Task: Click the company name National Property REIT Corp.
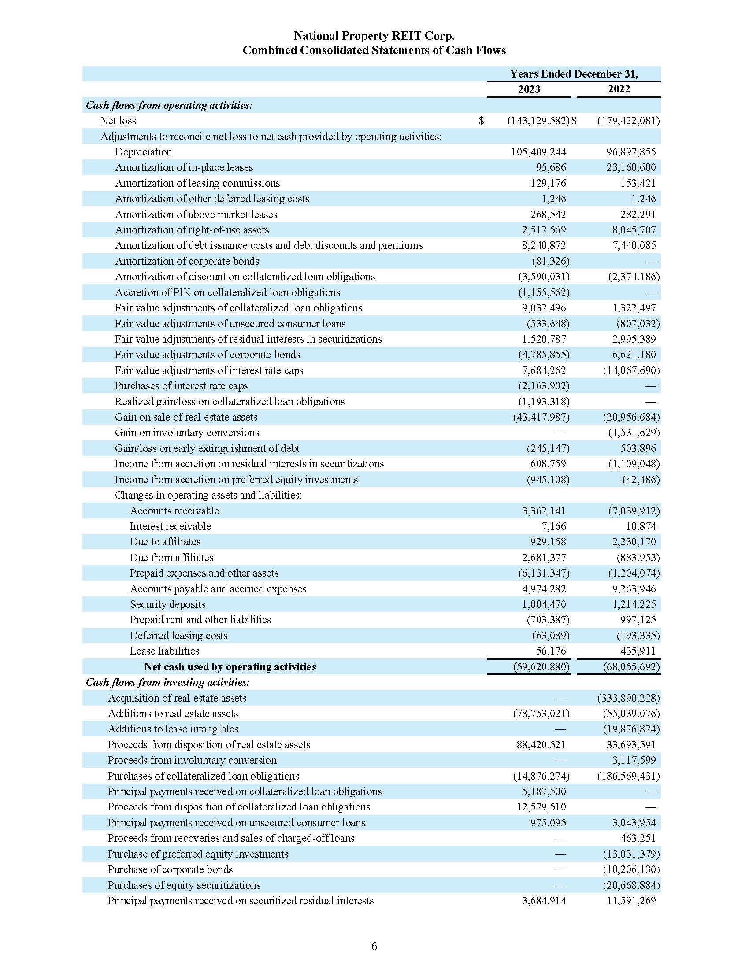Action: [x=374, y=36]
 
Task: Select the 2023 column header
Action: [x=529, y=89]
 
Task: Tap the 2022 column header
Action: [x=619, y=89]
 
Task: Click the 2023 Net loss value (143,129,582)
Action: [x=538, y=121]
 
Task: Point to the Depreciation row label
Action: [x=143, y=152]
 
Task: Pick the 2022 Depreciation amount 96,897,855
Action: [x=630, y=152]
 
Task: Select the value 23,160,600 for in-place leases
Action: [x=630, y=167]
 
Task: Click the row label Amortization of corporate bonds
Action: [x=187, y=261]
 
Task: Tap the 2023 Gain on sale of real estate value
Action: [x=541, y=417]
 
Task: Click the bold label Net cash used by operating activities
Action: [x=230, y=666]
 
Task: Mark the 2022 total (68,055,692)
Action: [x=630, y=666]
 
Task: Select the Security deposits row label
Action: [x=168, y=604]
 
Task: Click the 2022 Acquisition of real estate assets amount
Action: [x=628, y=698]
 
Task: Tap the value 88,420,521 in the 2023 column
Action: [x=541, y=744]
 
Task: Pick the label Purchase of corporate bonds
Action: [x=170, y=869]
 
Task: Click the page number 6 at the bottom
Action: [x=374, y=946]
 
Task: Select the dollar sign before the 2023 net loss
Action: [x=482, y=121]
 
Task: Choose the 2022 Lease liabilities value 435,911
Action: [x=637, y=651]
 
